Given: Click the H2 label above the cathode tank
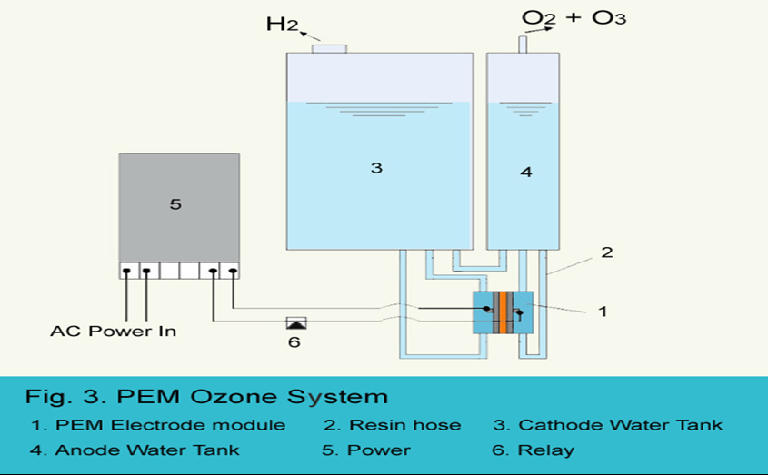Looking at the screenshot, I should click(283, 25).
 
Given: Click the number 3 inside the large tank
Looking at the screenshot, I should click(376, 168).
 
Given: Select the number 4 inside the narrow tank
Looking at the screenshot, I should click(525, 170).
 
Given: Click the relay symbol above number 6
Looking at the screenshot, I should click(295, 322).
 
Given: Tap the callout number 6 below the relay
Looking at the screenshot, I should click(294, 342).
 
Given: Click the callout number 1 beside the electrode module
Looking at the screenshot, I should click(601, 311).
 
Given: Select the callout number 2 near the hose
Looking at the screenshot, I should click(607, 252).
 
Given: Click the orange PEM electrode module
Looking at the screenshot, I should click(502, 313).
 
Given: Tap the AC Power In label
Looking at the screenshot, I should click(114, 332).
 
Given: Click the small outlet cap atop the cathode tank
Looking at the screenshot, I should click(329, 47).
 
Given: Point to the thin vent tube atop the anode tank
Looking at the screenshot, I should click(523, 44).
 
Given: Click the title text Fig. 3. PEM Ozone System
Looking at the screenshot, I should click(206, 397).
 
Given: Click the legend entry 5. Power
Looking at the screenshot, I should click(367, 450).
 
